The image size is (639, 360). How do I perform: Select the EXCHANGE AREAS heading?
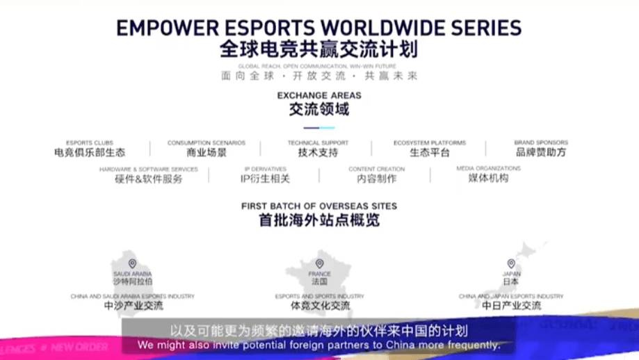[x=319, y=96]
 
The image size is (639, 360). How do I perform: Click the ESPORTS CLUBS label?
[x=90, y=143]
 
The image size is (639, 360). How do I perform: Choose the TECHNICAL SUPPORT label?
[x=318, y=143]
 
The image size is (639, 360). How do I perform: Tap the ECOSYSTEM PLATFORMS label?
[x=430, y=143]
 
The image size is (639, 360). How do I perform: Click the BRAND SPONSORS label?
[x=541, y=143]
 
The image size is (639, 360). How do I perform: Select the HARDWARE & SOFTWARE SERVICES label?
[x=149, y=169]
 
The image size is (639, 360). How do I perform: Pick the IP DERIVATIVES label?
[x=265, y=169]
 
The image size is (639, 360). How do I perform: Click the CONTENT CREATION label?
[x=377, y=169]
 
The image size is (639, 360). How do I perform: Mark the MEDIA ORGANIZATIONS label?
[x=488, y=168]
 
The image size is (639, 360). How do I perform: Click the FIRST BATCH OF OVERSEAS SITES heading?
[x=319, y=206]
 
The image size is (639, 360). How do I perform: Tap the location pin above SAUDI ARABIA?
[x=133, y=264]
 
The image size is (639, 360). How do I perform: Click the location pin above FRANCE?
[x=320, y=264]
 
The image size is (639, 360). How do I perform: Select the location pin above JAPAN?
[x=511, y=264]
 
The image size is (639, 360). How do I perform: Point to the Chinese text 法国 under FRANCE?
[x=320, y=282]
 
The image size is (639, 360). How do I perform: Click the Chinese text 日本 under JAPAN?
[x=511, y=282]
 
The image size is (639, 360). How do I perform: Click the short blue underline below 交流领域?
[x=319, y=128]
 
